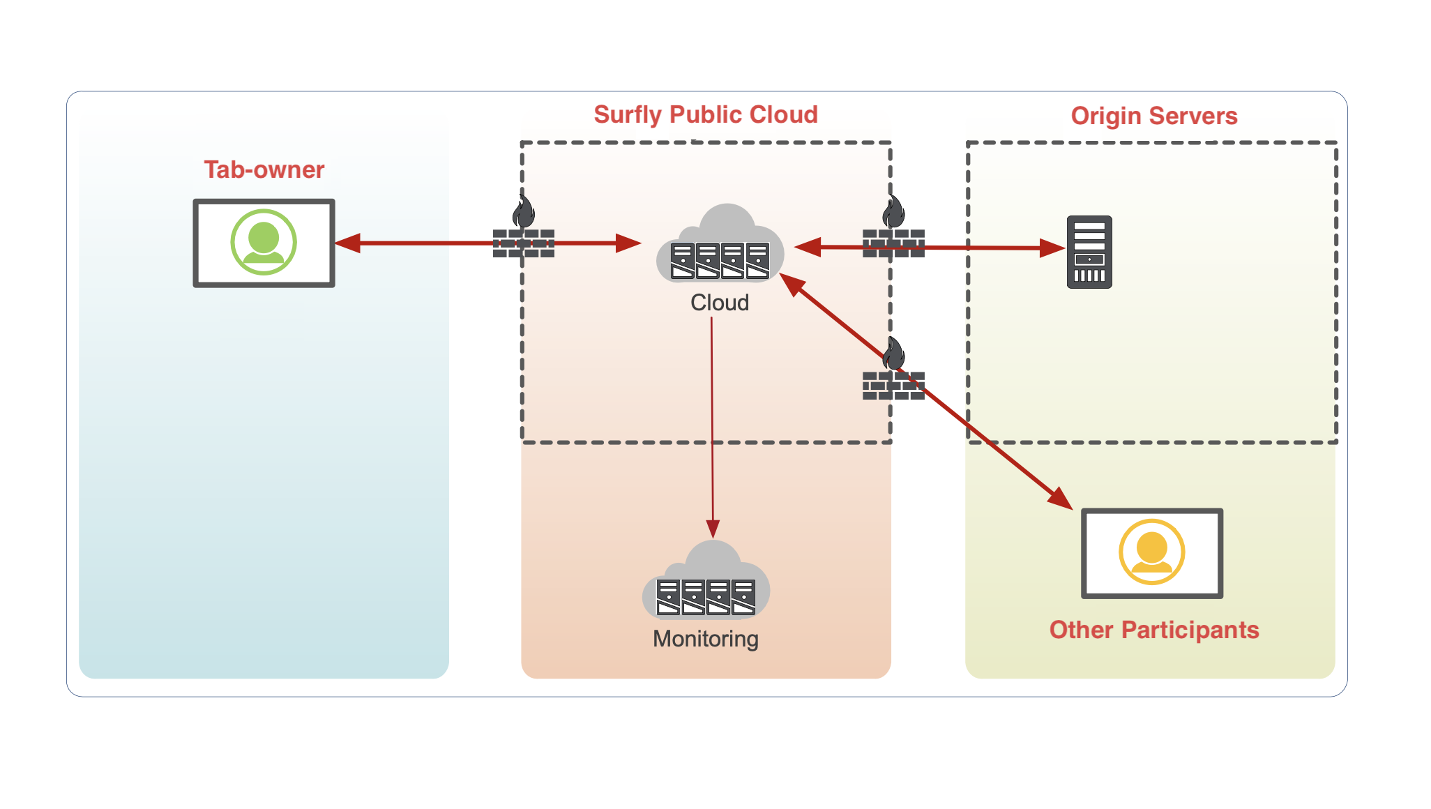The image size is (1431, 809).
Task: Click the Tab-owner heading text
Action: (x=264, y=169)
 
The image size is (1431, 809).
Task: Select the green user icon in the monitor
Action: (x=264, y=242)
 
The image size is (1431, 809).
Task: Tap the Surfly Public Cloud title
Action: (x=705, y=114)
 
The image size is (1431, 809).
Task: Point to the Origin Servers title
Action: (x=1153, y=116)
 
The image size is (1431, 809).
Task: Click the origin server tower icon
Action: (x=1089, y=252)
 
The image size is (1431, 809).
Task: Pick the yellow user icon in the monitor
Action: (x=1151, y=552)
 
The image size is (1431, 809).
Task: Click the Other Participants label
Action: (x=1153, y=630)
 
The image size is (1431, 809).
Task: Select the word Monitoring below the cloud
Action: (x=705, y=639)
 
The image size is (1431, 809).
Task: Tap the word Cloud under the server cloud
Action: (x=719, y=303)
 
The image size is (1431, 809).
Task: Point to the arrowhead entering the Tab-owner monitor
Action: (x=348, y=243)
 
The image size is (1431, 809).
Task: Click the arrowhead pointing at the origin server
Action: (x=1052, y=248)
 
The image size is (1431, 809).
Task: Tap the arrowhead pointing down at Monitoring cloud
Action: (x=713, y=528)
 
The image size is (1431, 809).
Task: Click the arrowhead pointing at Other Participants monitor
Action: (x=1061, y=498)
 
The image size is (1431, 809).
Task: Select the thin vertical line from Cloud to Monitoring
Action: (x=712, y=418)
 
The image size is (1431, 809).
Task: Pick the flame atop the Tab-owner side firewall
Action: (x=524, y=211)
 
